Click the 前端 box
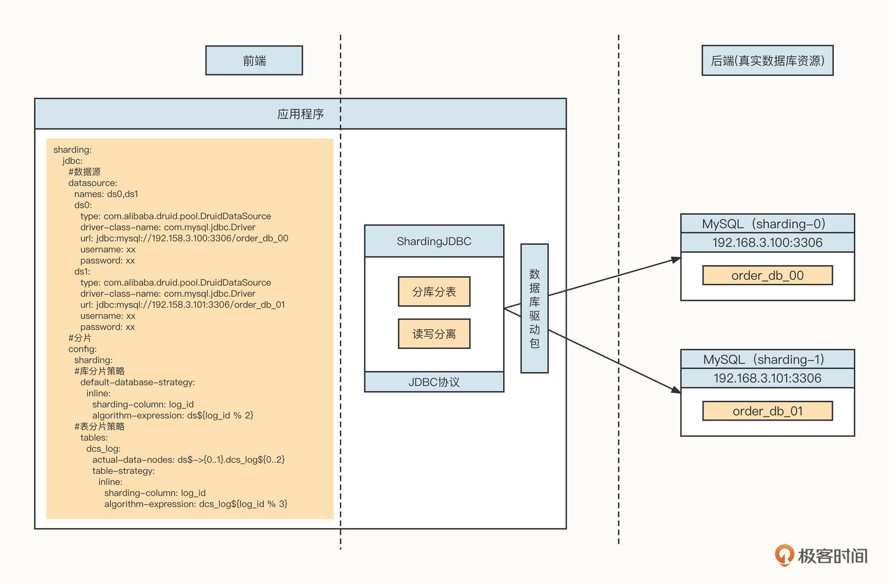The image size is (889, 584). point(254,60)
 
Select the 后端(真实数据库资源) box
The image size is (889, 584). point(767,60)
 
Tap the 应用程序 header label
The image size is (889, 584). point(301,114)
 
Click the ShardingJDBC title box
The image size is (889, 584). point(434,241)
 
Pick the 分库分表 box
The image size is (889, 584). point(434,292)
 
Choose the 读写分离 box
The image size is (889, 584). point(434,333)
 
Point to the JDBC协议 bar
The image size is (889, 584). point(434,382)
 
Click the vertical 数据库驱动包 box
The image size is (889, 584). point(534,308)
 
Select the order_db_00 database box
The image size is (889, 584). point(767,276)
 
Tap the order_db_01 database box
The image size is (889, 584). point(767,411)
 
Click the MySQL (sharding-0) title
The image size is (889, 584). point(767,224)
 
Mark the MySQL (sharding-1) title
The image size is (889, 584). point(767,359)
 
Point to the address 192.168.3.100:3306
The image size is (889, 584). point(767,243)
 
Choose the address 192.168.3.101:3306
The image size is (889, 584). point(767,378)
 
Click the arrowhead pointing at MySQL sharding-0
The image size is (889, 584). point(676,260)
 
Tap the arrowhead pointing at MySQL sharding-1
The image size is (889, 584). point(676,390)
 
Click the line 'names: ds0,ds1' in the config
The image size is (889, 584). point(106,194)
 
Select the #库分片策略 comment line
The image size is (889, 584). point(100,371)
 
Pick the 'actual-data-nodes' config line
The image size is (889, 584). point(188,460)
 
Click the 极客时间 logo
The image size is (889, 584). point(821,555)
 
